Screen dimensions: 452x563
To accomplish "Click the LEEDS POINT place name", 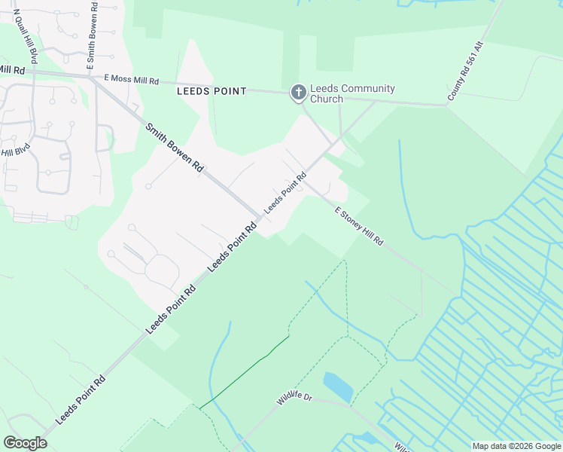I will tap(212, 91).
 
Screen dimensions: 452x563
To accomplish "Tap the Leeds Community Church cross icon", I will tap(299, 93).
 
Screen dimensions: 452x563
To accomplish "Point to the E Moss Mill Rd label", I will tap(132, 78).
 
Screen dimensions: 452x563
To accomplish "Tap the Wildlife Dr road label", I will tap(294, 397).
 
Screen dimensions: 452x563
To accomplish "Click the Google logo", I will tap(25, 443).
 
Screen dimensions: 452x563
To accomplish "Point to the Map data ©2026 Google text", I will tap(516, 446).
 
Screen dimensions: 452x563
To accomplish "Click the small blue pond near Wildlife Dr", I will tap(338, 386).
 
